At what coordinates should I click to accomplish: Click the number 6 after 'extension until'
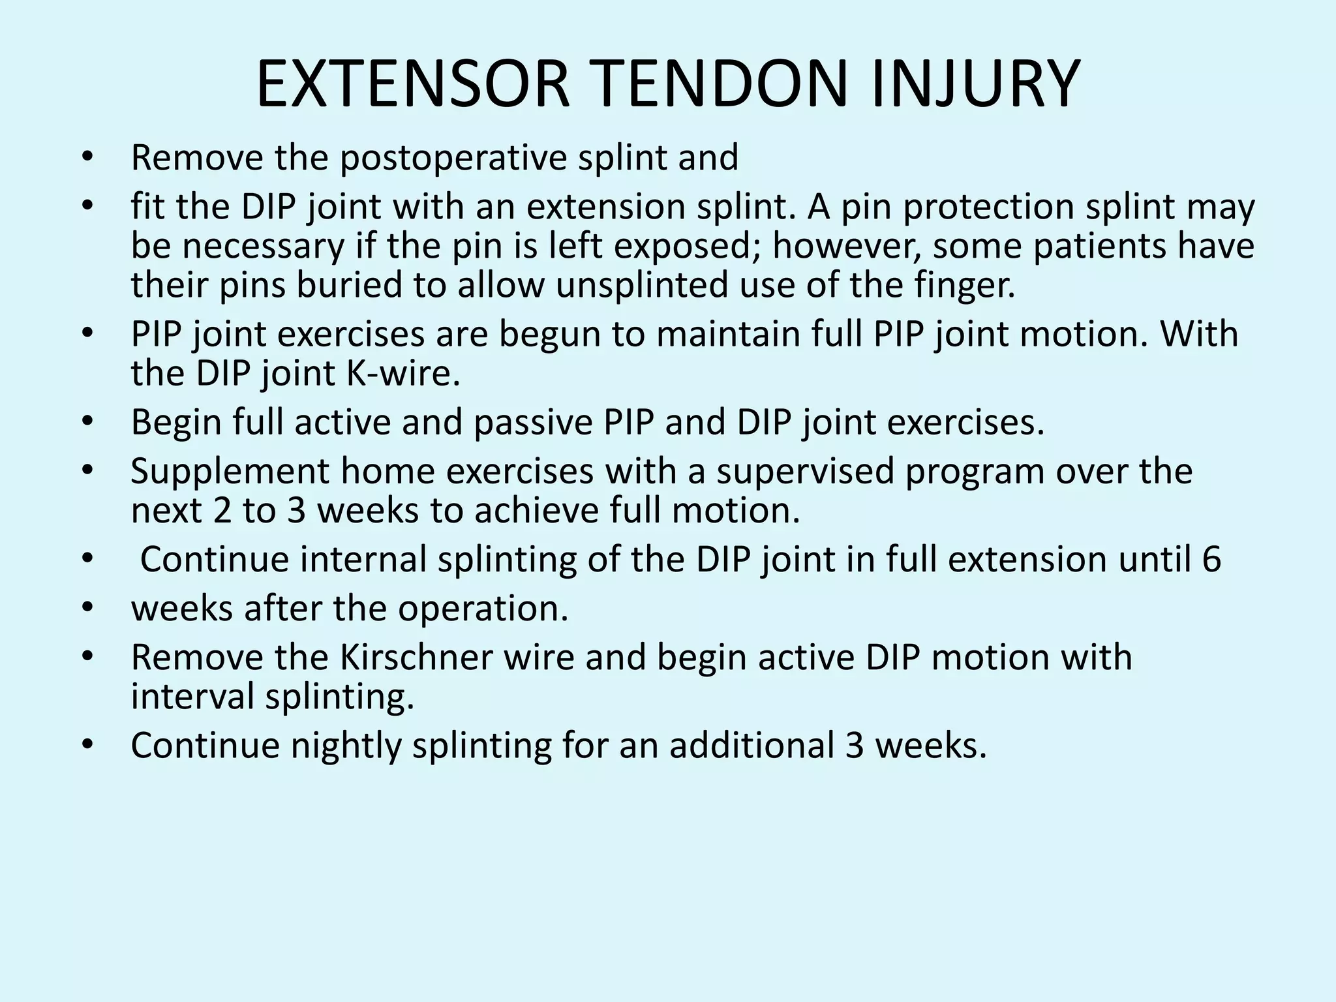click(x=1211, y=560)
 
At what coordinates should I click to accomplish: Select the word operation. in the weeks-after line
click(x=483, y=608)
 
